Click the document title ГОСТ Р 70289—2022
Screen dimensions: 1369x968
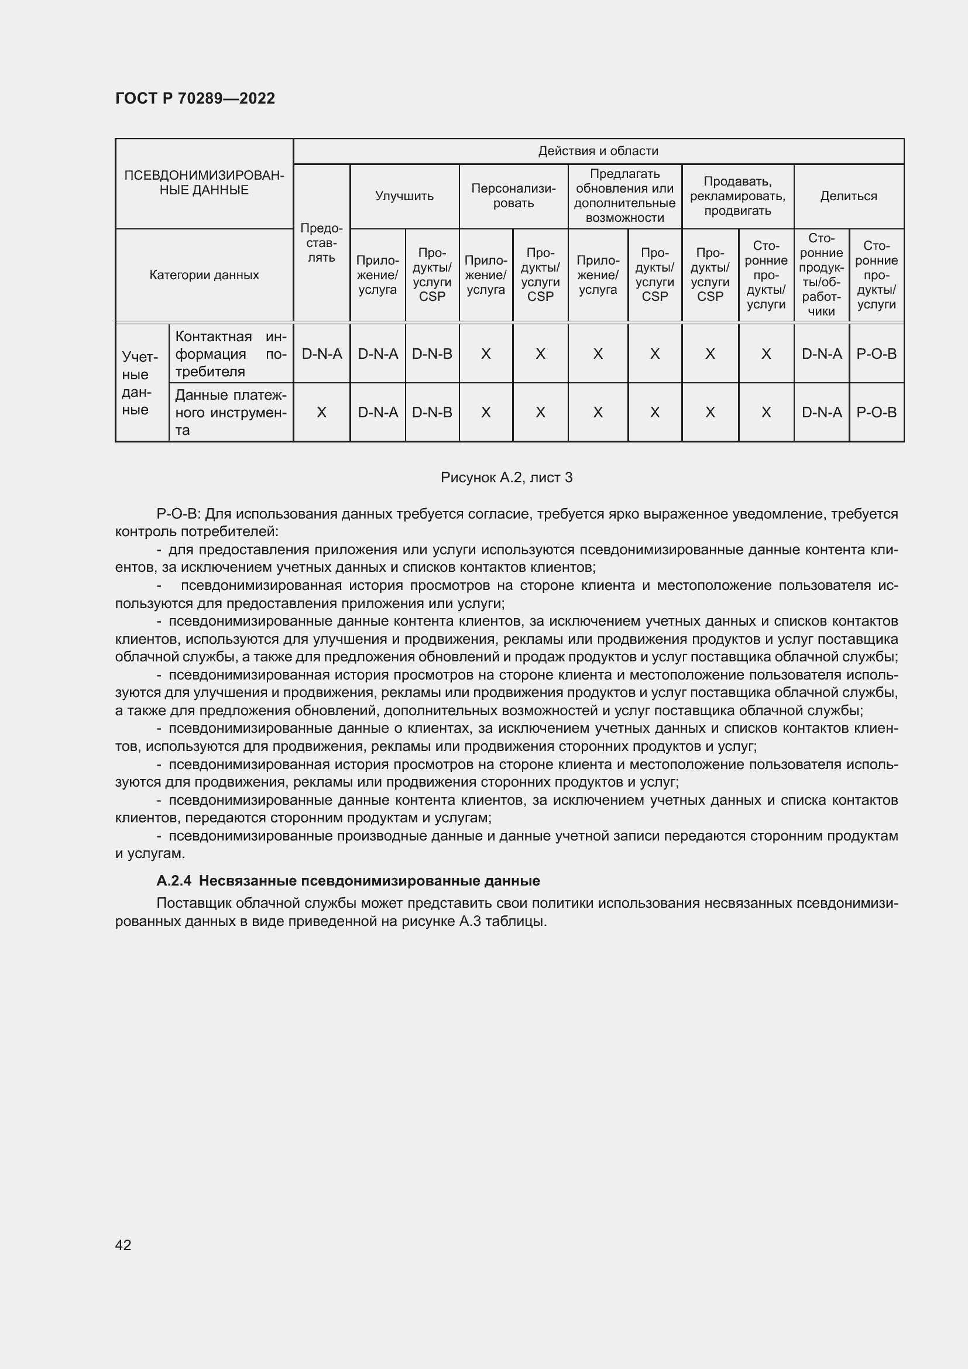pyautogui.click(x=195, y=98)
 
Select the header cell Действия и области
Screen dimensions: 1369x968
pyautogui.click(x=598, y=151)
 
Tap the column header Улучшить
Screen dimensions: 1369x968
pyautogui.click(x=404, y=196)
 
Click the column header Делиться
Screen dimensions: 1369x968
pyautogui.click(x=848, y=196)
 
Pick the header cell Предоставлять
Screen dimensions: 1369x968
pyautogui.click(x=321, y=243)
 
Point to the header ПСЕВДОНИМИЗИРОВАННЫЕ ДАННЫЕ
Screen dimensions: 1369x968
pyautogui.click(x=204, y=183)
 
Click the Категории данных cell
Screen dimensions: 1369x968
pyautogui.click(x=204, y=275)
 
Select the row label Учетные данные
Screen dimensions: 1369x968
pyautogui.click(x=141, y=383)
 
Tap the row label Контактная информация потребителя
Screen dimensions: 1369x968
pyautogui.click(x=231, y=354)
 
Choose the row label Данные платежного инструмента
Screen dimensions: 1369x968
pyautogui.click(x=231, y=412)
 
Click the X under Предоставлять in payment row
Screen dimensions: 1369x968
pyautogui.click(x=321, y=412)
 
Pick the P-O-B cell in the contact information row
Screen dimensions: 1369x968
pyautogui.click(x=876, y=354)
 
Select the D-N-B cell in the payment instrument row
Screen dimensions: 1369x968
pyautogui.click(x=431, y=412)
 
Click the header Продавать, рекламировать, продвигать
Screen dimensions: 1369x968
pyautogui.click(x=737, y=196)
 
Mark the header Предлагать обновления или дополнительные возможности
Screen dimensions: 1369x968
pyautogui.click(x=624, y=196)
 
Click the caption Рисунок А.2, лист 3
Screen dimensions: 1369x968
pyautogui.click(x=506, y=478)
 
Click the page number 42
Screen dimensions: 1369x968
pyautogui.click(x=123, y=1245)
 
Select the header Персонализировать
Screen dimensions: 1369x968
pyautogui.click(x=513, y=196)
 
